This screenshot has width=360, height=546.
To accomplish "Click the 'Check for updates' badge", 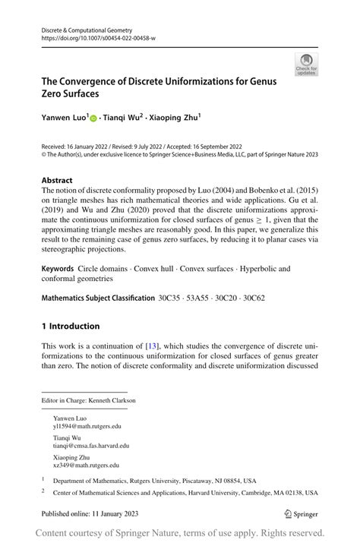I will click(x=307, y=65).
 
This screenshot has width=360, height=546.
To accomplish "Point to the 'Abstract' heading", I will click(x=57, y=181).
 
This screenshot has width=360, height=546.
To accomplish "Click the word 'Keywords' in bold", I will click(x=58, y=269).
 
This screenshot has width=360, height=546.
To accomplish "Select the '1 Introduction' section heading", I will click(x=71, y=327).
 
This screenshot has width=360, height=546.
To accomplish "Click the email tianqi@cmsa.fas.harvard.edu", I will click(x=91, y=447).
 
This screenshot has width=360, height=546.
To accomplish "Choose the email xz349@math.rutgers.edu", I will click(x=86, y=466).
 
